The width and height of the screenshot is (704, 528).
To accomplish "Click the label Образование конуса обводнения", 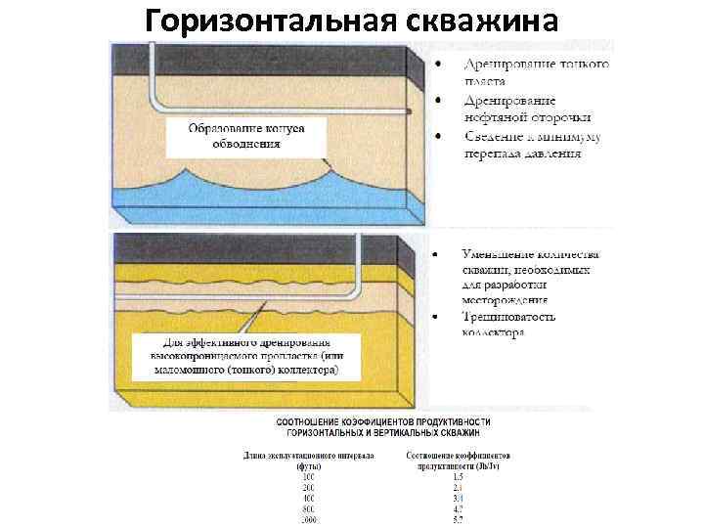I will pos(246,136).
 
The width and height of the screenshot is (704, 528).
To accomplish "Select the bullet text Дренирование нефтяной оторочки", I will pos(522,108).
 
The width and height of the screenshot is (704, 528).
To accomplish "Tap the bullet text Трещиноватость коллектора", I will pos(508,324).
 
